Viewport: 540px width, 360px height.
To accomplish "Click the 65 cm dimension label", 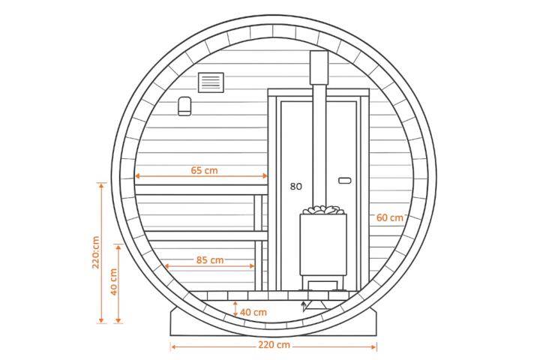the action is [x=204, y=170].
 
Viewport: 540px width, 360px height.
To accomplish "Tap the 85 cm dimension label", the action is [x=210, y=260].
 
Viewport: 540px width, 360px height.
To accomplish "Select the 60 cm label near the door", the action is [x=389, y=217].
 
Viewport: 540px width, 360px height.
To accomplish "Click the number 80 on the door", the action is [x=295, y=186].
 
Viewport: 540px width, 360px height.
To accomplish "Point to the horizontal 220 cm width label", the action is [x=274, y=345].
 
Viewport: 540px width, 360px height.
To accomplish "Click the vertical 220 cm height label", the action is [x=96, y=253].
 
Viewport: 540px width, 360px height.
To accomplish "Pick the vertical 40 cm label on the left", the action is [x=114, y=282].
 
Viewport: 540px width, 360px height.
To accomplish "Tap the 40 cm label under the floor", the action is [x=253, y=313].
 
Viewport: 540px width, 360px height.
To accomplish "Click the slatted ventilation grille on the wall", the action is [x=211, y=82].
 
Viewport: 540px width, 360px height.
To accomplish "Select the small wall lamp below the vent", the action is [x=184, y=106].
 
